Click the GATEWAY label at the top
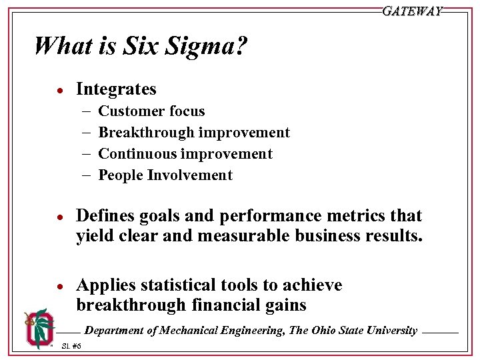tap(412, 11)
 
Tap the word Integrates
tap(117, 89)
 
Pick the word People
tap(121, 175)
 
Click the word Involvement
tap(190, 175)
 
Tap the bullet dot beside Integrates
tap(59, 91)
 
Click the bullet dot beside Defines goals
tap(59, 217)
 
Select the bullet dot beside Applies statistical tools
tap(59, 287)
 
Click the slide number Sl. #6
tap(71, 346)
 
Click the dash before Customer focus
tap(88, 111)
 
